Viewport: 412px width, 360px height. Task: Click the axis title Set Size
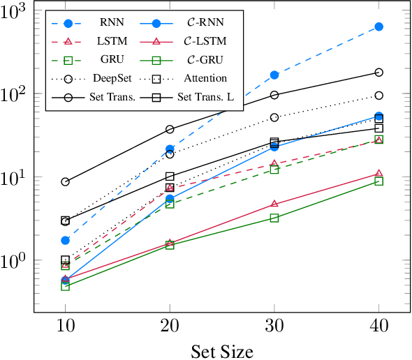click(221, 350)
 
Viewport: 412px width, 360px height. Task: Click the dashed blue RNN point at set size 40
click(378, 27)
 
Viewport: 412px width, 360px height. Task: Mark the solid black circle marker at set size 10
click(65, 181)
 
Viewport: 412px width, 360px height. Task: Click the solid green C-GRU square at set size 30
click(274, 218)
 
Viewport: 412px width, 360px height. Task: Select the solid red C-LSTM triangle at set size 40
click(378, 174)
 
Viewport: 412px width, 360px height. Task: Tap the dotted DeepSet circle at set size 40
click(378, 96)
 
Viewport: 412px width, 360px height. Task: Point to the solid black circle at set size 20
click(170, 129)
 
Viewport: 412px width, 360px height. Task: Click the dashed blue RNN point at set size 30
click(274, 75)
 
